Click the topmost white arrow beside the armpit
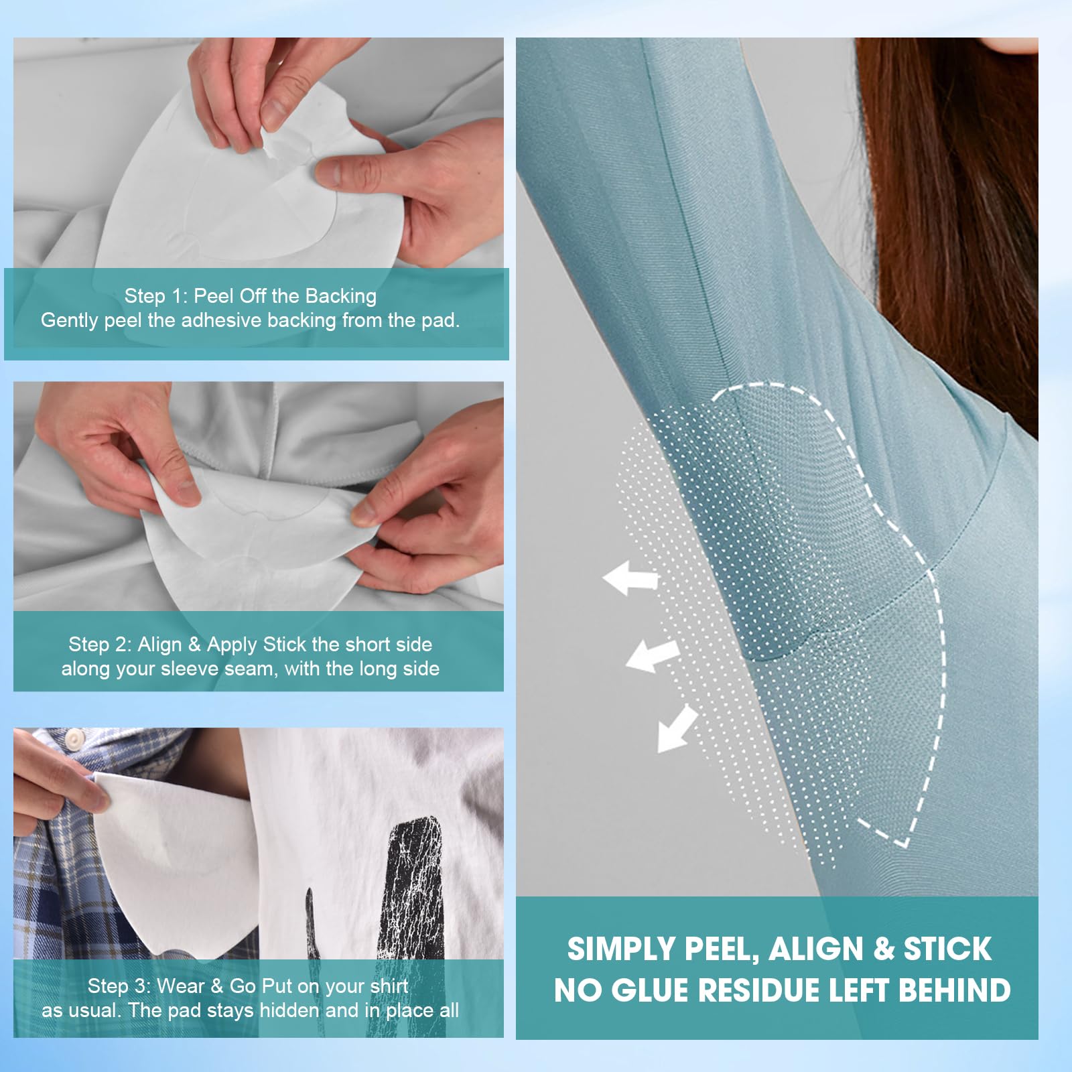pyautogui.click(x=630, y=578)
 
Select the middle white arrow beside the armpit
pyautogui.click(x=652, y=654)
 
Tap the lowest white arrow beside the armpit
pyautogui.click(x=677, y=729)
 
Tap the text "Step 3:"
pyautogui.click(x=119, y=986)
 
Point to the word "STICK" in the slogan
pyautogui.click(x=947, y=949)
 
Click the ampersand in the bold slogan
pyautogui.click(x=884, y=949)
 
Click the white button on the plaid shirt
pyautogui.click(x=74, y=739)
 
